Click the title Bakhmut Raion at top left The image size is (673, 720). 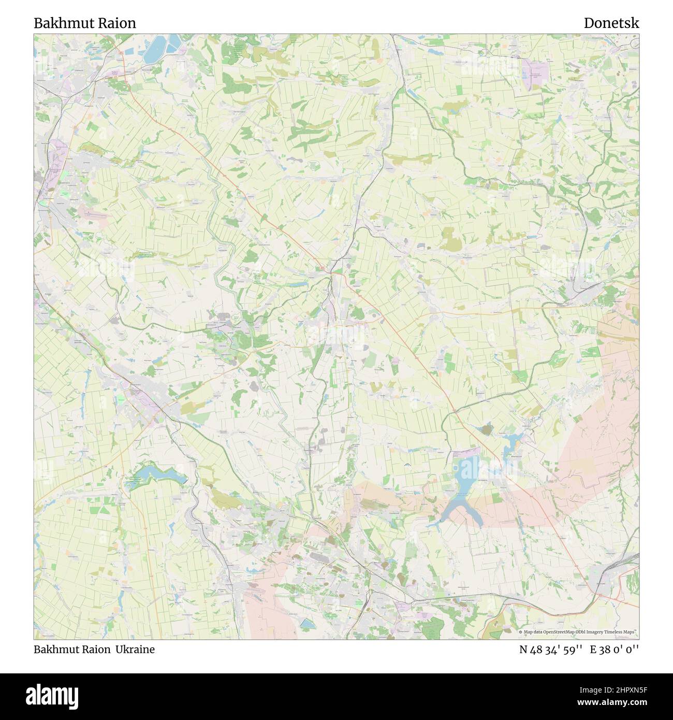coord(85,23)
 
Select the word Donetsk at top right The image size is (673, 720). coord(611,23)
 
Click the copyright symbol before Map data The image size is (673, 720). coord(521,632)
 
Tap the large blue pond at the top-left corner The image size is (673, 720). coord(157,47)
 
